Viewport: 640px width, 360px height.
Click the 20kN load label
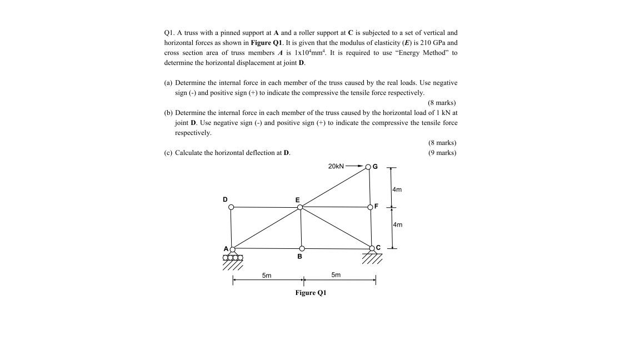336,166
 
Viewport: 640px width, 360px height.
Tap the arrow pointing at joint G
355,166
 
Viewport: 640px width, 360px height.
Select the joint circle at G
368,166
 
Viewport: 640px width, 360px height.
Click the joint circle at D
232,208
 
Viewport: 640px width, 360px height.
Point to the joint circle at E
300,207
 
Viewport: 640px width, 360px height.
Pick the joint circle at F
371,207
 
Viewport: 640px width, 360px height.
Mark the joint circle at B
302,249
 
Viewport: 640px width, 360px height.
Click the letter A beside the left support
226,248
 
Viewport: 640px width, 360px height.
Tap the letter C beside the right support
378,247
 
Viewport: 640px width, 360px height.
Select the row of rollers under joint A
233,258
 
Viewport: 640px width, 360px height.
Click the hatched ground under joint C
372,258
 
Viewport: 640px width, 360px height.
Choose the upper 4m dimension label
397,189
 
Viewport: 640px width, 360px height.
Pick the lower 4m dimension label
397,225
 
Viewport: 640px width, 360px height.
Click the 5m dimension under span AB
267,275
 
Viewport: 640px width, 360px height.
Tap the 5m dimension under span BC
336,275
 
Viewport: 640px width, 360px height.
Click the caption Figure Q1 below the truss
311,293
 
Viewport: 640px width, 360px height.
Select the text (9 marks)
442,153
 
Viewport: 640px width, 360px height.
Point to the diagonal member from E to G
334,187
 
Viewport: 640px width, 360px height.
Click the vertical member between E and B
301,228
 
